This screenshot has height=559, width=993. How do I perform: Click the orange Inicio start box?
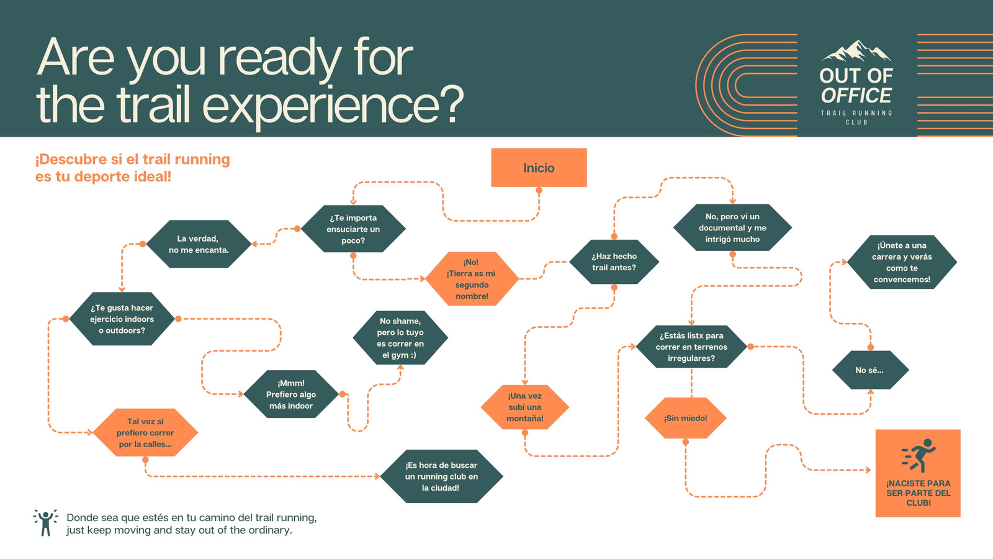(539, 168)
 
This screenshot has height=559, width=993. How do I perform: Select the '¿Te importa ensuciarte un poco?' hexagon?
(353, 229)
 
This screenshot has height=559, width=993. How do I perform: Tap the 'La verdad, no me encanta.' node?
(199, 244)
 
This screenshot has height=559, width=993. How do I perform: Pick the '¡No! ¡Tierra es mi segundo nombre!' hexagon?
(472, 279)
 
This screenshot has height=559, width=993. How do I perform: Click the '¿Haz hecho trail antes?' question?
(614, 261)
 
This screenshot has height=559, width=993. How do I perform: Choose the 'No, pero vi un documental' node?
(732, 227)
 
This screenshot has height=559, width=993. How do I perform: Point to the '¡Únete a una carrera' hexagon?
(902, 262)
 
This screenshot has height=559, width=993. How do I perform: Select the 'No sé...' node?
(870, 370)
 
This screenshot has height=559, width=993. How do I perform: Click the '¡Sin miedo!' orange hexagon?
(685, 418)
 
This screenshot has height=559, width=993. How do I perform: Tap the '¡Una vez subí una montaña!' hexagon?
(525, 407)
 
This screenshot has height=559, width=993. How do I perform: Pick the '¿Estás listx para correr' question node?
(691, 347)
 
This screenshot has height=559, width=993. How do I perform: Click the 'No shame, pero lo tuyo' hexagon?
(400, 338)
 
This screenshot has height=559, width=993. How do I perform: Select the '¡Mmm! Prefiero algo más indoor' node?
(291, 394)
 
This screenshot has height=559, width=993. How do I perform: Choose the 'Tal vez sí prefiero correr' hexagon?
(145, 432)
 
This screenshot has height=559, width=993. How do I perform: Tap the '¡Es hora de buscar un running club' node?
(441, 476)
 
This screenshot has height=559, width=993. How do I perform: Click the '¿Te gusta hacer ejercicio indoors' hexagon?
(122, 319)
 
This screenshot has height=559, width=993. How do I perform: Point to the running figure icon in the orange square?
(919, 456)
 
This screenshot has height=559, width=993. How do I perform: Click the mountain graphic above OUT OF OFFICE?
(856, 52)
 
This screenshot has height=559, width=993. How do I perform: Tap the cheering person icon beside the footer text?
(45, 522)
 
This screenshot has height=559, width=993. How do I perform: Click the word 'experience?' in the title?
(333, 105)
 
